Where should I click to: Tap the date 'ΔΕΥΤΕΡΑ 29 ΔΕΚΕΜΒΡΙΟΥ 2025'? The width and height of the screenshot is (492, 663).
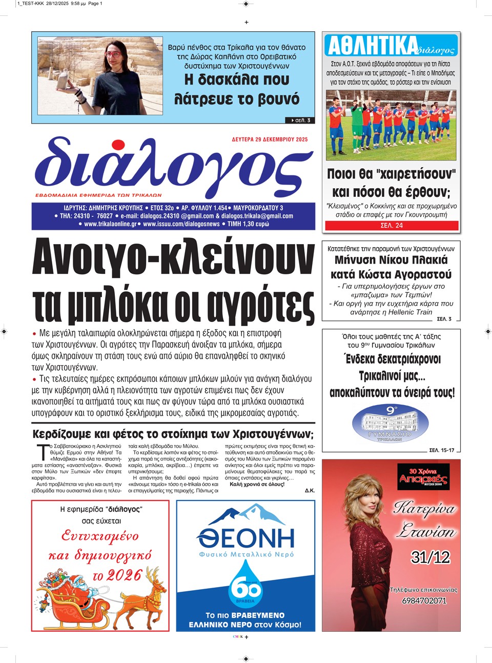tap(270, 139)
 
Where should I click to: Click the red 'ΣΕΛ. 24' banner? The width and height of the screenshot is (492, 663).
tap(392, 225)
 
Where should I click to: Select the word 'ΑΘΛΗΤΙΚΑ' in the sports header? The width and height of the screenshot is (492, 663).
tap(373, 46)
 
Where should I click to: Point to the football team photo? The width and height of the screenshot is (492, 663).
tap(391, 125)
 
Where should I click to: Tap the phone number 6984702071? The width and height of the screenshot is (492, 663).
tap(424, 600)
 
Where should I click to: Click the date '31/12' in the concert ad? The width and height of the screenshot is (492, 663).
tap(430, 557)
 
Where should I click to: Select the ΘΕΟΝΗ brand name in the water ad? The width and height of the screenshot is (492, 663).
tap(246, 537)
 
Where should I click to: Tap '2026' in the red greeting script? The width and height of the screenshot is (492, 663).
tap(124, 575)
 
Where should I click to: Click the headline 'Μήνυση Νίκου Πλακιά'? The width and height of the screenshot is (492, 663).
tap(391, 260)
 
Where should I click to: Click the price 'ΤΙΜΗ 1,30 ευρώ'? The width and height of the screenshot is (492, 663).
tap(248, 224)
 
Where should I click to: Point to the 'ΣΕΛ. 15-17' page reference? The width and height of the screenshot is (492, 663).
tap(441, 450)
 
